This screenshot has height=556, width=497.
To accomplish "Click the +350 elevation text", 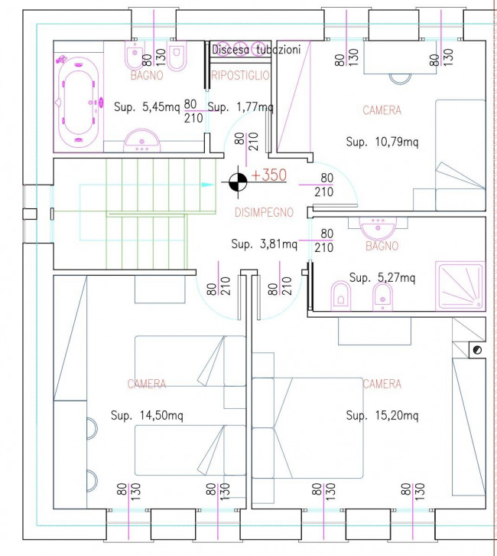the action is coord(268,175).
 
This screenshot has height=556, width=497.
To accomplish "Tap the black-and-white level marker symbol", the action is coord(238,182).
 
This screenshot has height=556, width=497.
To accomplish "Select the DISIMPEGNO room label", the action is coord(264,212).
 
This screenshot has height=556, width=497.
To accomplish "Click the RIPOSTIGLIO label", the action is coord(240,75).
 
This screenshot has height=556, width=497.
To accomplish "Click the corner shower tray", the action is coord(460,286).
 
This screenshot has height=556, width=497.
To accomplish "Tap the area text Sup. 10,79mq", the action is coord(382,142).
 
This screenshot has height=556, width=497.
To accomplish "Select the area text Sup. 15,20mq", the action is coord(382,415).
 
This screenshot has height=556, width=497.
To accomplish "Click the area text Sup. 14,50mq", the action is coord(147,415).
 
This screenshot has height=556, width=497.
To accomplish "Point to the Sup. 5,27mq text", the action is coord(382,277).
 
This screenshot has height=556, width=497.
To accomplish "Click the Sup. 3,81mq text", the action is coord(264,244).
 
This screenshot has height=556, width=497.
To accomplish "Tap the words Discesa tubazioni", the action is coord(256,50).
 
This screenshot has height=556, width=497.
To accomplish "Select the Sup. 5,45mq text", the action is coord(147,106).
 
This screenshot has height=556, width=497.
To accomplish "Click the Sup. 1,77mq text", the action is coord(240,106).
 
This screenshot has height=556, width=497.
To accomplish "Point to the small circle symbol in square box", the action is coord(477,350).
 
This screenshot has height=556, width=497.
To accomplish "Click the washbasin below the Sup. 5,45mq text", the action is coord(142,140).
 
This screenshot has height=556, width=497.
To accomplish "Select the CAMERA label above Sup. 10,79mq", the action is coord(382,110).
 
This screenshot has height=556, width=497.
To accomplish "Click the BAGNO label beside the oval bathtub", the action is coord(147,75).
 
